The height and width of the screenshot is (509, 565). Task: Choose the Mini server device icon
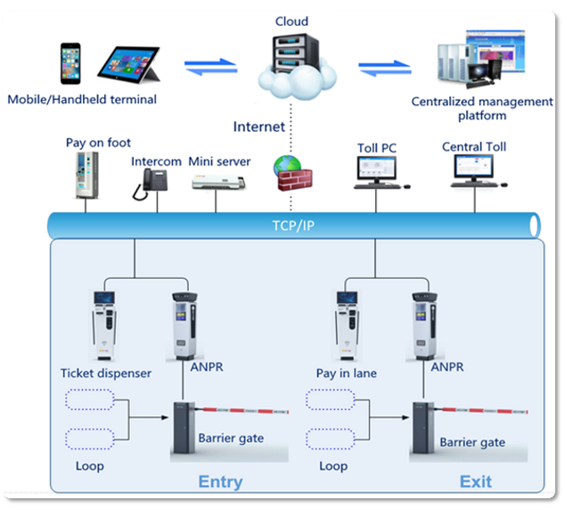click(217, 181)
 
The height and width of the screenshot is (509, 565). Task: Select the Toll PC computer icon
click(378, 172)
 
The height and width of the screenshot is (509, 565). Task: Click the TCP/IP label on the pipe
click(294, 226)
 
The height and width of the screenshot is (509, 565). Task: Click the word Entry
click(220, 482)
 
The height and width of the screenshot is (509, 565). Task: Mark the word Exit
click(475, 482)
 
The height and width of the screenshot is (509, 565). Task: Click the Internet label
click(259, 127)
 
